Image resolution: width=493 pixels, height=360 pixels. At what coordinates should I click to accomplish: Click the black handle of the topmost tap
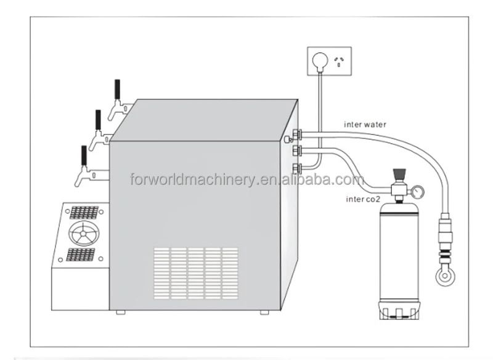(x=116, y=89)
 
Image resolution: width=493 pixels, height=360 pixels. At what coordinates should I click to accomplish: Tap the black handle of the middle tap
(x=97, y=120)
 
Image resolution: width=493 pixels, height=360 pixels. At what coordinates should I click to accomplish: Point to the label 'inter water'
(x=365, y=125)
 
